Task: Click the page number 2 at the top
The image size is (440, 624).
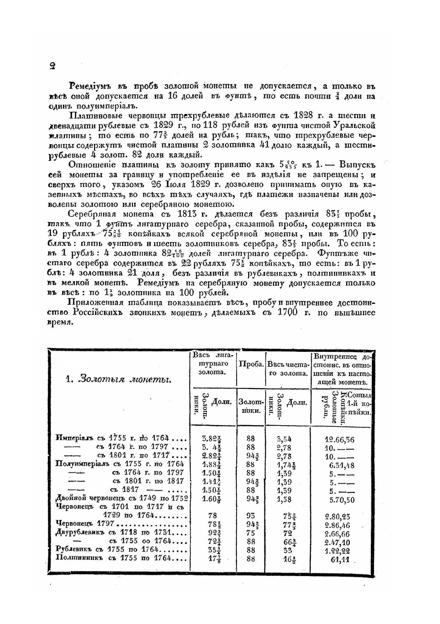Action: [52, 66]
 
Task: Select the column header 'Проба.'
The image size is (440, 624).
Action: [251, 365]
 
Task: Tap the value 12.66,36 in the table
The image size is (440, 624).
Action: [340, 439]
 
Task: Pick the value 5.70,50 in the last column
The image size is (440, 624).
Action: [342, 500]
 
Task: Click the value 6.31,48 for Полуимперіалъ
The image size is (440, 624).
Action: [341, 465]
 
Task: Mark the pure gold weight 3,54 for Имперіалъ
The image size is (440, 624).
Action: [284, 439]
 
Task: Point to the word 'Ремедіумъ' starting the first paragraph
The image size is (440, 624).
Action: [90, 86]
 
